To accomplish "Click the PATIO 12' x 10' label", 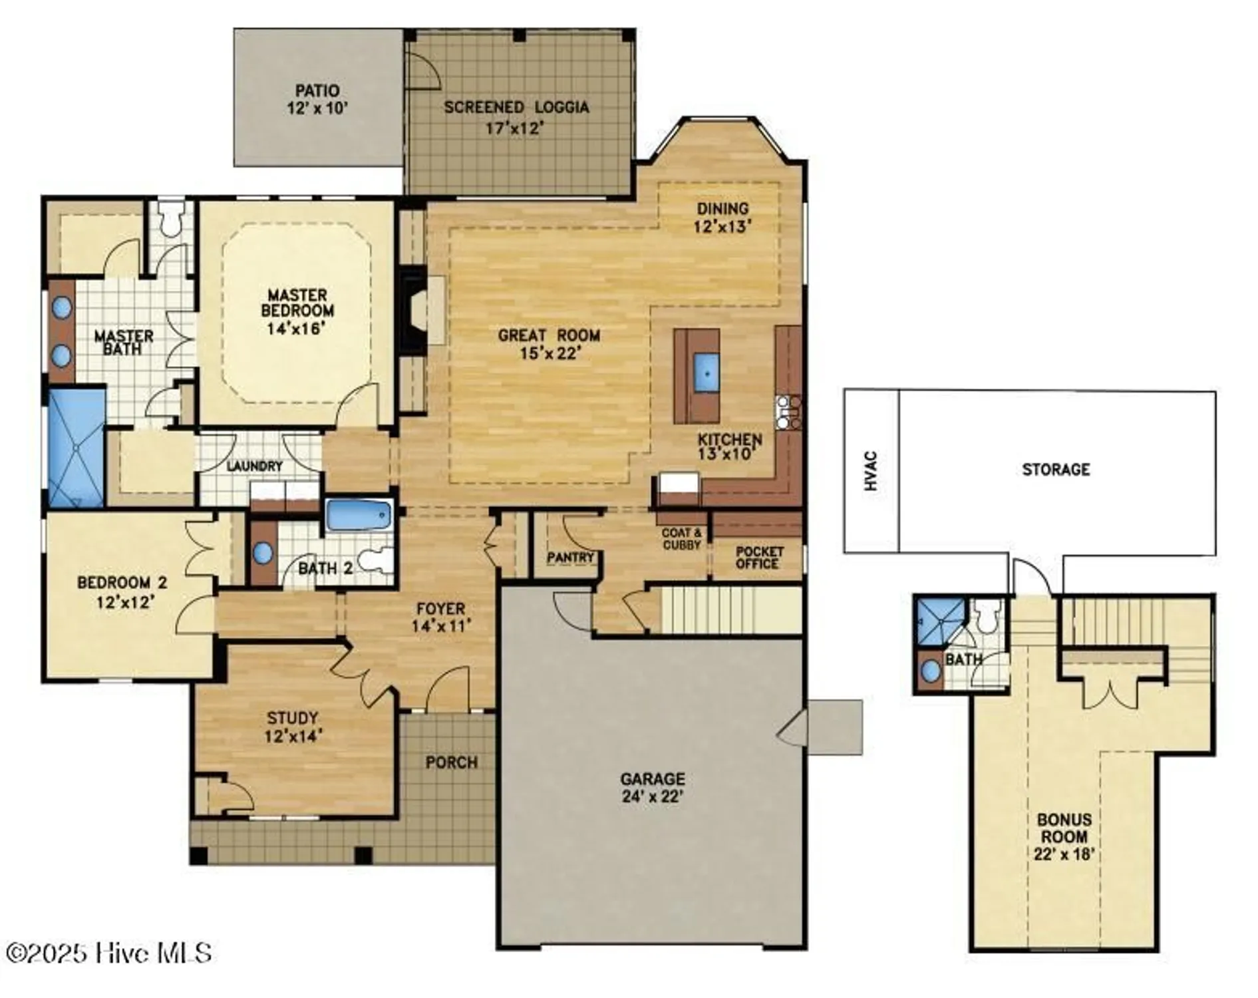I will (x=317, y=99).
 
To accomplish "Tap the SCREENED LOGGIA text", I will (x=516, y=107).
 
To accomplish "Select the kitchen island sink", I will (x=707, y=372).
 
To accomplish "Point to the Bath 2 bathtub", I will (x=358, y=516).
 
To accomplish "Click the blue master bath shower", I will (x=77, y=448).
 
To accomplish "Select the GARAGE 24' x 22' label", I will (x=652, y=787).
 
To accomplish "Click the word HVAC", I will (x=871, y=471).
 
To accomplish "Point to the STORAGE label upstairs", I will (x=1056, y=470).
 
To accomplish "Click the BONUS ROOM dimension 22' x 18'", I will (x=1064, y=854).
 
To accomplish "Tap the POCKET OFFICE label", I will (x=758, y=558).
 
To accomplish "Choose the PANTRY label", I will (x=570, y=558).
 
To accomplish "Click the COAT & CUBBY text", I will (x=682, y=539).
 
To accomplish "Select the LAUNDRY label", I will (x=254, y=466).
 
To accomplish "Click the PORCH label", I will (x=451, y=762).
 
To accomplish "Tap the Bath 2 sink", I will (x=263, y=552).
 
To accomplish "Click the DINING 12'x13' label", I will (x=722, y=218).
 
